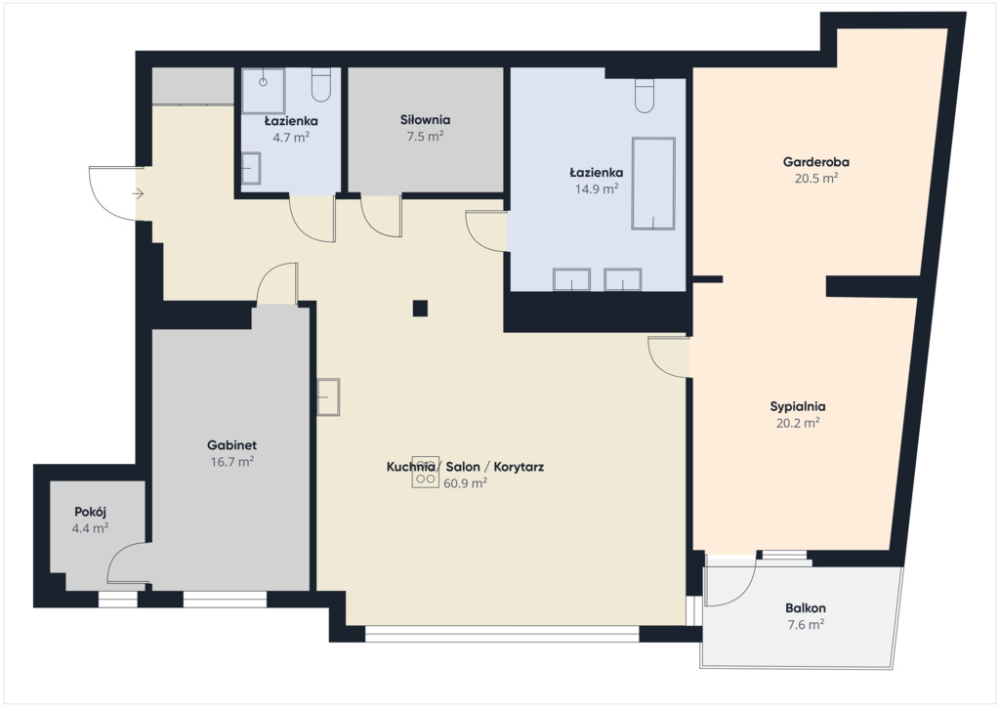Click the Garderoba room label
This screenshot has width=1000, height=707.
[815, 162]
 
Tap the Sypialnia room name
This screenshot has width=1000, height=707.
[797, 407]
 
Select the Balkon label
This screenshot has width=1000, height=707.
[806, 608]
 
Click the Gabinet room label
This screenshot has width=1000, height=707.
[231, 445]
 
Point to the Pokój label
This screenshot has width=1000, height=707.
[90, 512]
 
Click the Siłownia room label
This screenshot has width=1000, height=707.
[426, 120]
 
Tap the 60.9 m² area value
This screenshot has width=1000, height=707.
[466, 483]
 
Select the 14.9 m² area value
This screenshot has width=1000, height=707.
[597, 188]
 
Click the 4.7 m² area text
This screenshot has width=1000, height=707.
[291, 137]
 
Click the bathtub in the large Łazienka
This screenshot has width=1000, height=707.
[653, 183]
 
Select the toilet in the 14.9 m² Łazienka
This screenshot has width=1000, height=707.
[645, 96]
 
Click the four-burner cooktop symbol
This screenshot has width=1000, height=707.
[426, 473]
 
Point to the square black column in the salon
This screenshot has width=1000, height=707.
[420, 309]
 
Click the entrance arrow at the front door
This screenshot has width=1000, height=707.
[138, 193]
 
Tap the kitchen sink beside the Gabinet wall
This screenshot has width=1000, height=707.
[328, 396]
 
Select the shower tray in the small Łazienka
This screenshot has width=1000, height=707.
[263, 87]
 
